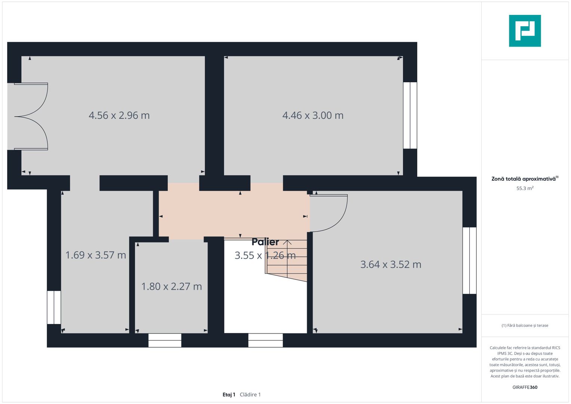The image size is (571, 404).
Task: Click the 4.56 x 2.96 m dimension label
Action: click(119, 115)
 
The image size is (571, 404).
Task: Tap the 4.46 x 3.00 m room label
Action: click(313, 115)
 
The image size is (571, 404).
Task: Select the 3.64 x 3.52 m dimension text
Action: click(391, 264)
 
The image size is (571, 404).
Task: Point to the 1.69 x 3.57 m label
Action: click(95, 255)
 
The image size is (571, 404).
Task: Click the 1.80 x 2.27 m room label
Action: click(171, 287)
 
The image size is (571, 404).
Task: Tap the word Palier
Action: click(265, 242)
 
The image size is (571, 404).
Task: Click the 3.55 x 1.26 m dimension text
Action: click(265, 255)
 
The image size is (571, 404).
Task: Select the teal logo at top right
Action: click(525, 31)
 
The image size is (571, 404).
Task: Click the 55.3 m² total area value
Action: click(525, 189)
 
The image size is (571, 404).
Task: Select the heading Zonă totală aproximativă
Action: click(524, 179)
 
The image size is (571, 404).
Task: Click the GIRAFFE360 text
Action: click(525, 387)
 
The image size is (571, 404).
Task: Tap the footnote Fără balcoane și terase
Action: click(525, 325)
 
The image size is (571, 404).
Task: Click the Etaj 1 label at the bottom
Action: click(229, 395)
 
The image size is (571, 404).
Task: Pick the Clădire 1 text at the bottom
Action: click(250, 395)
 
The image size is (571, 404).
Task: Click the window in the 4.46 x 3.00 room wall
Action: click(410, 115)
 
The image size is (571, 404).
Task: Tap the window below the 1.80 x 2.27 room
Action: click(165, 340)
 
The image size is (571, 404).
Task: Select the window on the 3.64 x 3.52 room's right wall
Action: click(469, 260)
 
